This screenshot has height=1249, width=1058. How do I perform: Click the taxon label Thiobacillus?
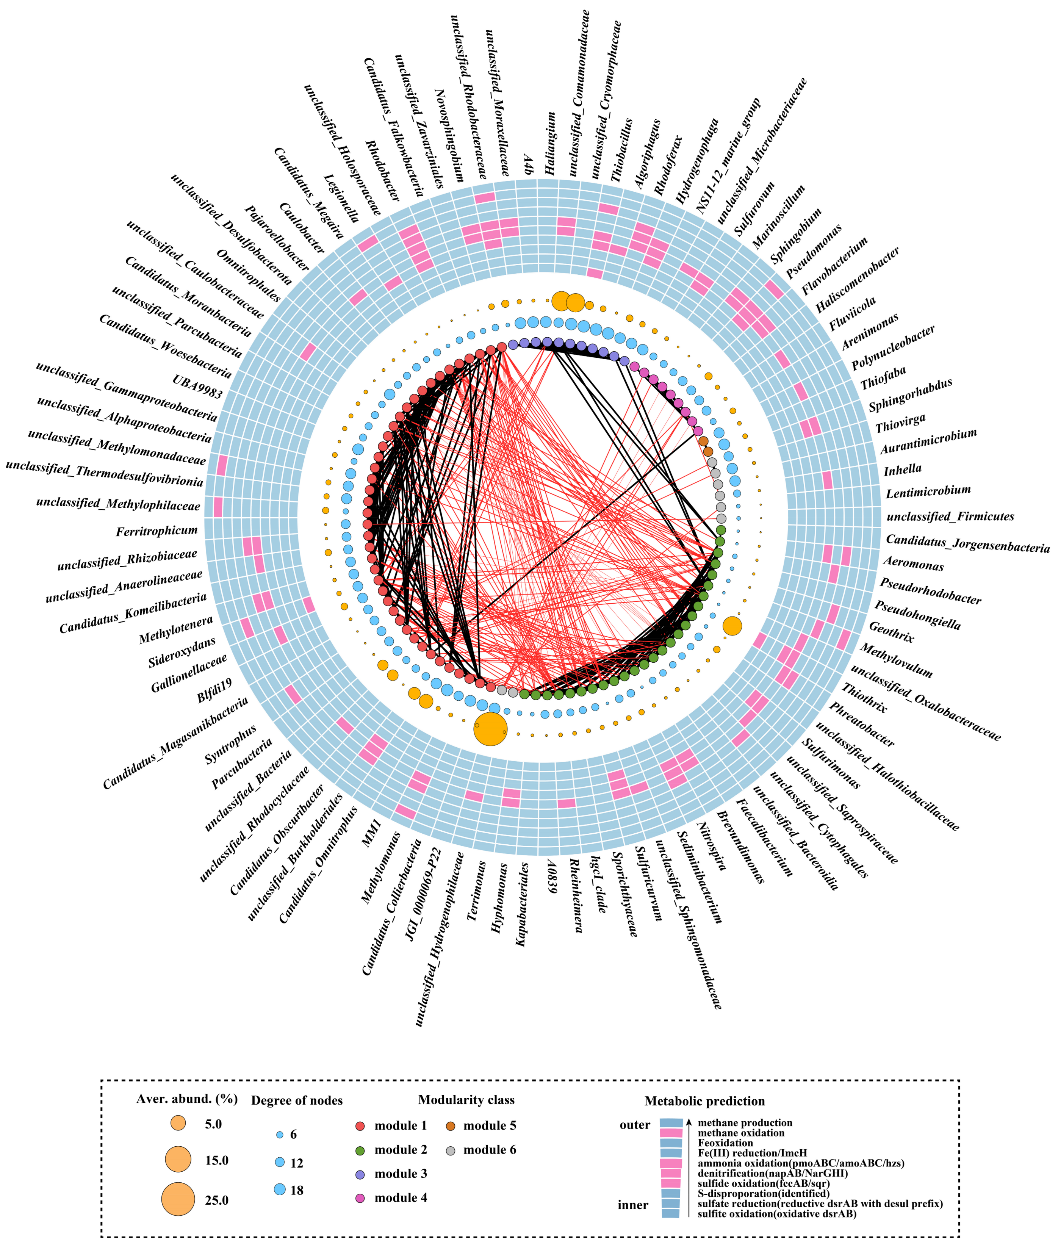click(x=622, y=150)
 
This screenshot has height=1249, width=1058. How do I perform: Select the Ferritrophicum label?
click(x=157, y=531)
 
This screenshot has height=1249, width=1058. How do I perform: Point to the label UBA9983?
click(x=197, y=387)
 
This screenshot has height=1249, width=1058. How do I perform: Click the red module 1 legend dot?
click(x=360, y=1125)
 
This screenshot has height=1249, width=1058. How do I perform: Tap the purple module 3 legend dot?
click(x=360, y=1174)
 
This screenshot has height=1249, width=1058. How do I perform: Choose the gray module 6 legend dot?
click(x=451, y=1149)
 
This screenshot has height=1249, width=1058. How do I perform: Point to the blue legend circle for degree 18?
click(x=279, y=1190)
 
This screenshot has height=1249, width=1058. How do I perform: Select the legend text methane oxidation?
click(x=741, y=1133)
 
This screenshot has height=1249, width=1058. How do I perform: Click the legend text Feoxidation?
click(x=725, y=1143)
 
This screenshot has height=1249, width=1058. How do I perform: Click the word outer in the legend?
click(x=635, y=1125)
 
